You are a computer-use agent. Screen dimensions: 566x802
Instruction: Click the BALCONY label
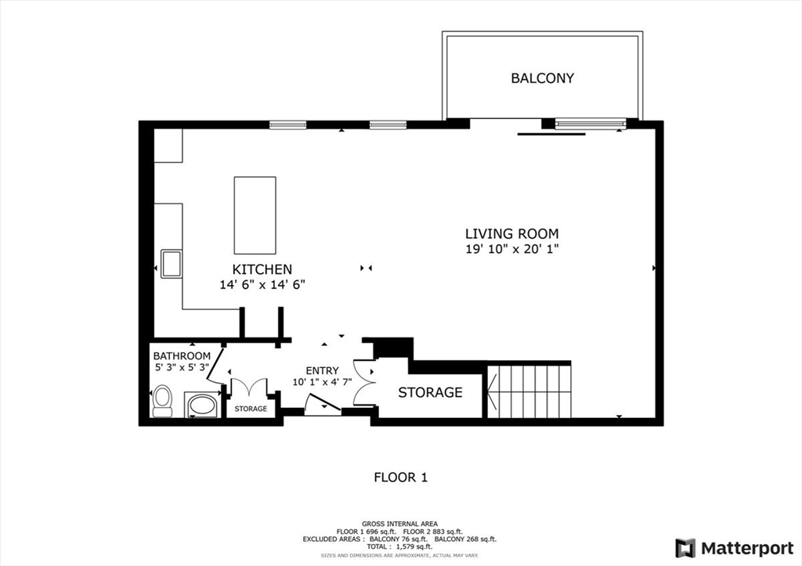(x=542, y=78)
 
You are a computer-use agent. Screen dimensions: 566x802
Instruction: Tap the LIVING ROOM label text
(x=511, y=233)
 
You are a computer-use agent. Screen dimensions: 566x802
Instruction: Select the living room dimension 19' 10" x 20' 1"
(x=511, y=250)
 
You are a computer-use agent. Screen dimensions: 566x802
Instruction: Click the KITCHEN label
(x=262, y=269)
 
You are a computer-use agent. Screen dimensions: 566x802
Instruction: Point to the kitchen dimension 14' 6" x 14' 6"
(x=262, y=285)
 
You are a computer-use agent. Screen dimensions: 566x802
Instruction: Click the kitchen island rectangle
(x=255, y=215)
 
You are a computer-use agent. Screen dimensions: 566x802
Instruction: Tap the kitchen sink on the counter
(x=171, y=263)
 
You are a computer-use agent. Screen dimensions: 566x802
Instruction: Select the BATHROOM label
(x=181, y=356)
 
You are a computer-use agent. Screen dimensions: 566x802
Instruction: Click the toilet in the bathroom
(x=163, y=400)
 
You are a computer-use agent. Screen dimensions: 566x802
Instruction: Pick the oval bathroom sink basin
(x=203, y=406)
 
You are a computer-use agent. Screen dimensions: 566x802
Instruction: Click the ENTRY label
(x=322, y=370)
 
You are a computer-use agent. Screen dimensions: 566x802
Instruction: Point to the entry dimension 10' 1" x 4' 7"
(x=322, y=383)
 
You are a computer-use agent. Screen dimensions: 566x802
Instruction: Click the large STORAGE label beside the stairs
(x=430, y=392)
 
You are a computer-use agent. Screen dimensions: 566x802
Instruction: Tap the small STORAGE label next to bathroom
(x=251, y=409)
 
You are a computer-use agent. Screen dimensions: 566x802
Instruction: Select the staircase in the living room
(x=530, y=391)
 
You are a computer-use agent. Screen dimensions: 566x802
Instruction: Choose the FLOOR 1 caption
(x=400, y=477)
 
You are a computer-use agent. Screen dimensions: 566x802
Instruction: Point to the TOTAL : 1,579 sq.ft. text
(x=400, y=546)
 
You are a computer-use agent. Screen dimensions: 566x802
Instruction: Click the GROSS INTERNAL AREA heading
(x=400, y=524)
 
